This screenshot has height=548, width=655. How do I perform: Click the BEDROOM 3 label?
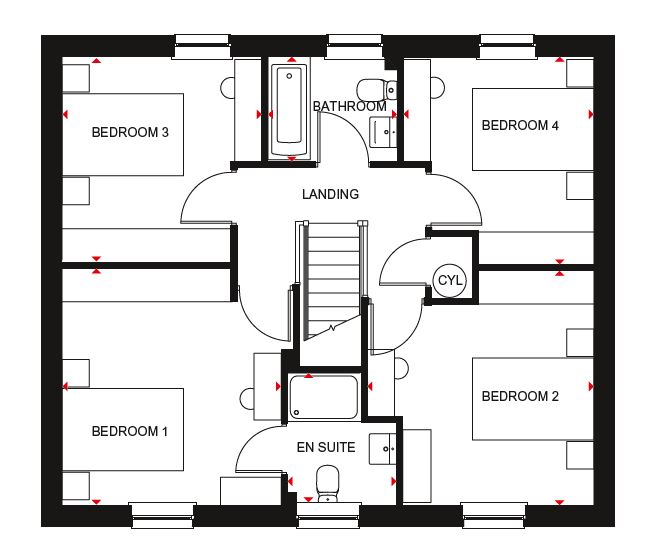[x=130, y=132]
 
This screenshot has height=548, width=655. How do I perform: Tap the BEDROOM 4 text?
[x=520, y=125]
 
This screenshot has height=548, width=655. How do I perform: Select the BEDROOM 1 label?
[x=129, y=431]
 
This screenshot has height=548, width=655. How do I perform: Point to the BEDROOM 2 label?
[x=520, y=396]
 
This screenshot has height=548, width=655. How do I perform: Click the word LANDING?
[x=330, y=194]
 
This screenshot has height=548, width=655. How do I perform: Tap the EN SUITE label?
[x=326, y=447]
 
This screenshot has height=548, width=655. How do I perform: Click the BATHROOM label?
[x=350, y=107]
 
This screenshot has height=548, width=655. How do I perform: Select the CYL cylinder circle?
[x=449, y=280]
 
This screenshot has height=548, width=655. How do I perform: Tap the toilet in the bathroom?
[x=376, y=89]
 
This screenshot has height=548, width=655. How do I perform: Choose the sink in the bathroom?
[x=383, y=132]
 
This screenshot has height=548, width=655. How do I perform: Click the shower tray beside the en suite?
[x=324, y=397]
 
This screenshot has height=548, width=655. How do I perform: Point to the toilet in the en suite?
[x=328, y=484]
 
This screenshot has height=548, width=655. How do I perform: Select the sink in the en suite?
[x=382, y=449]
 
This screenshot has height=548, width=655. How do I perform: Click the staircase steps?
[x=333, y=281]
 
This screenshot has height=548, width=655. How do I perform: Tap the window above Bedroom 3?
[x=202, y=46]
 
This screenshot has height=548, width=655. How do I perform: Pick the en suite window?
[x=328, y=515]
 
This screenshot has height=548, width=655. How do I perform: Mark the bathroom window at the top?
[x=355, y=46]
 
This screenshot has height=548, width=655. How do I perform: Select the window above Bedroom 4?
[x=508, y=46]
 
